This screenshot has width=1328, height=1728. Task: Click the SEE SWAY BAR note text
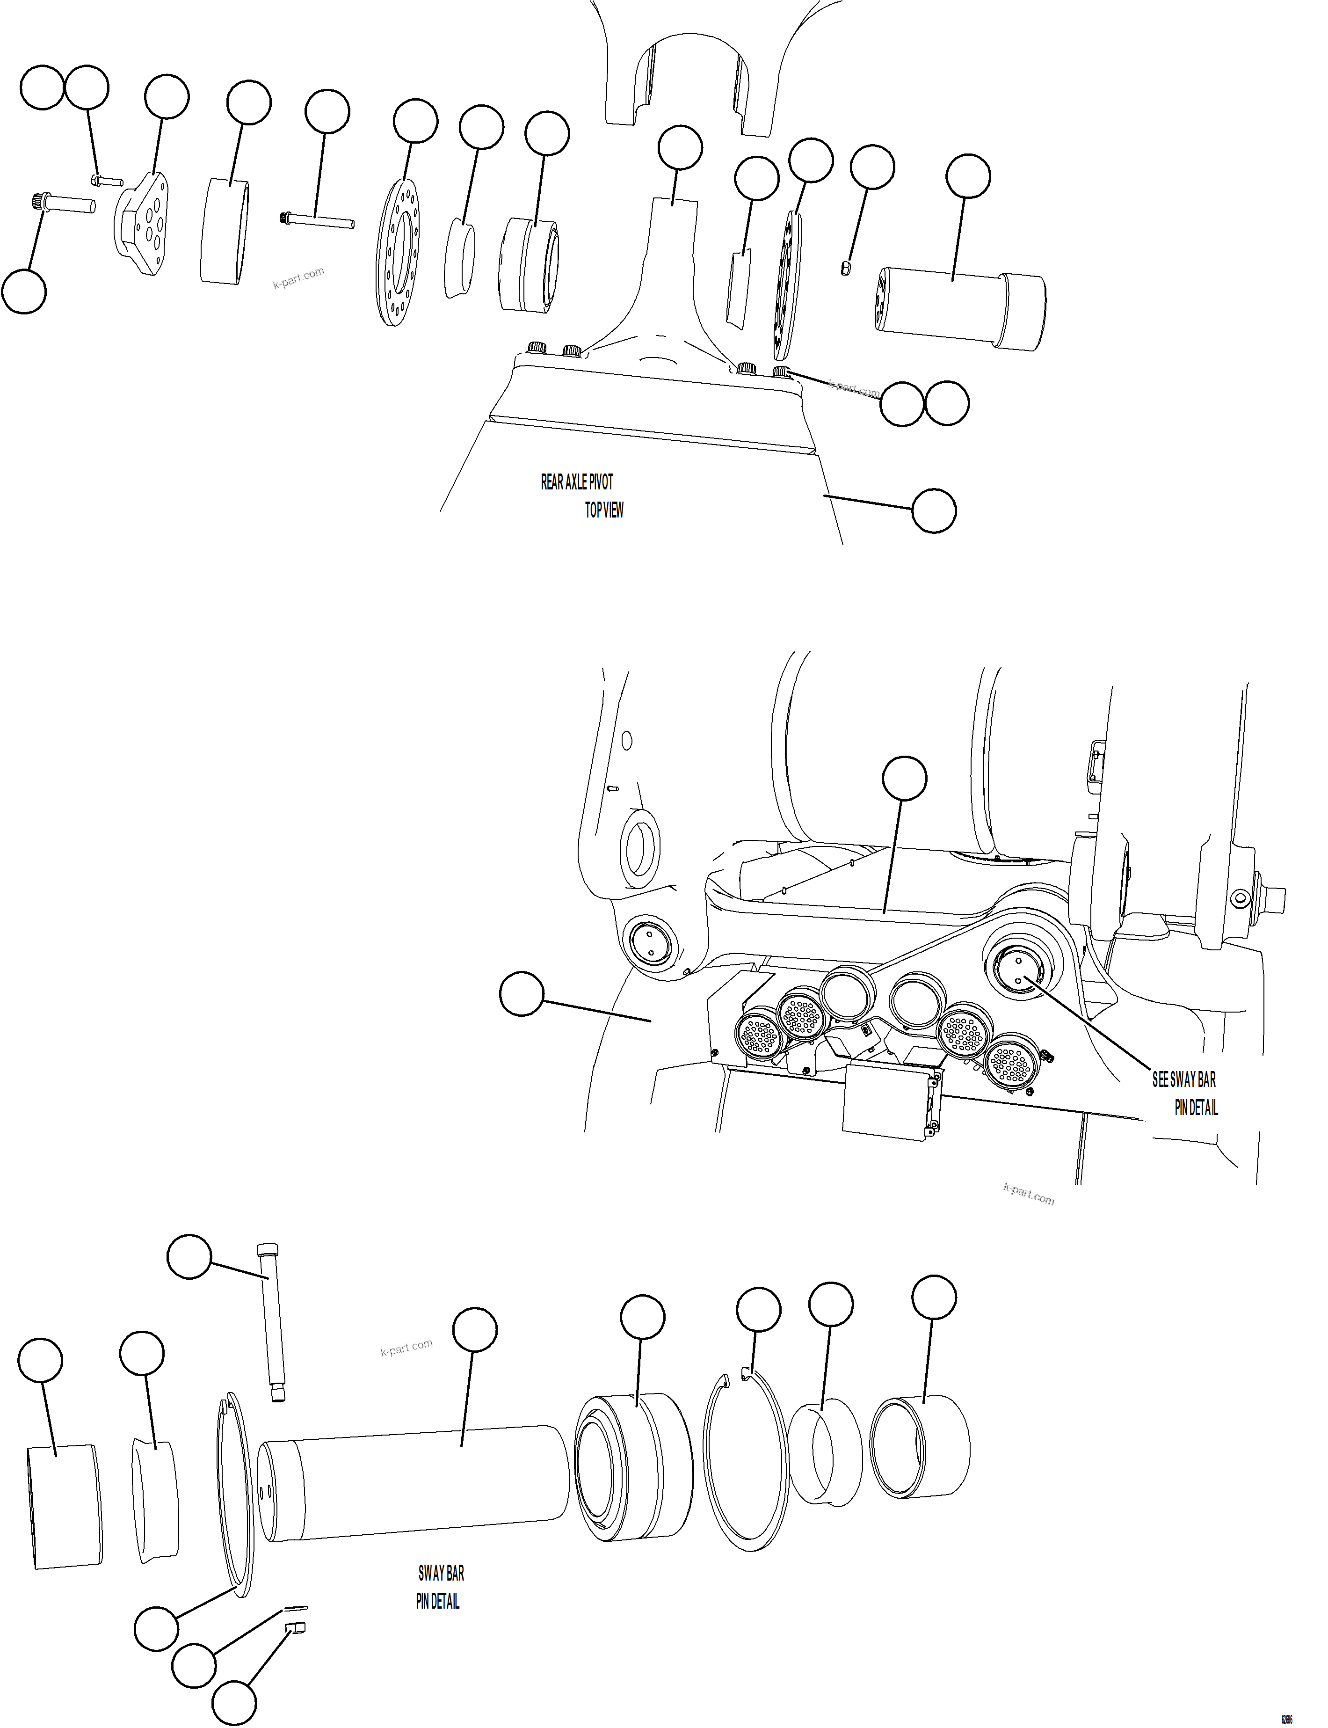1183,1080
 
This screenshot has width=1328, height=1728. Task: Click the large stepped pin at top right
960,309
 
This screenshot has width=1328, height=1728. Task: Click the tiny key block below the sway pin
297,1627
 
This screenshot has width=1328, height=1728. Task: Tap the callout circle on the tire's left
522,994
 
